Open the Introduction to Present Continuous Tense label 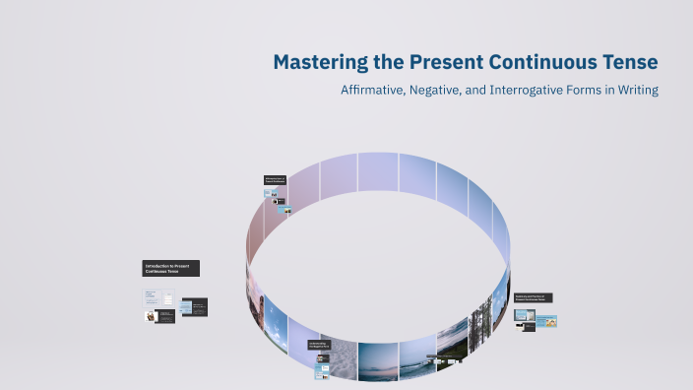click(171, 268)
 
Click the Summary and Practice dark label click(533, 297)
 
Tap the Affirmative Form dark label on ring click(275, 180)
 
